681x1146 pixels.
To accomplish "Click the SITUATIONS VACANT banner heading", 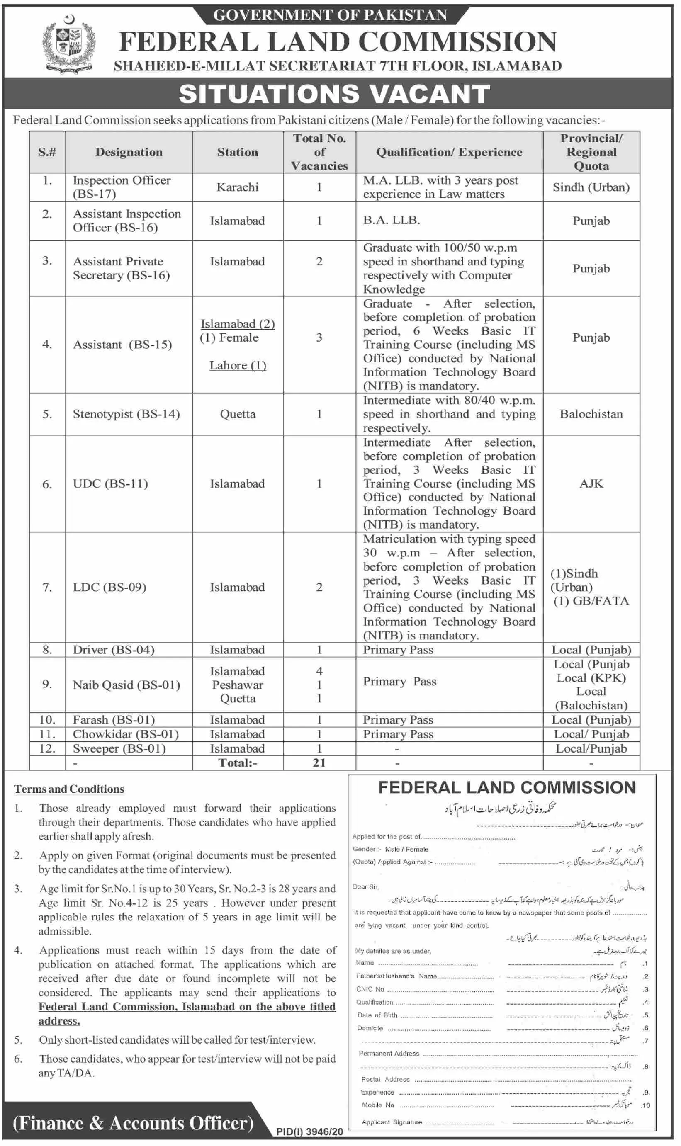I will click(x=335, y=94).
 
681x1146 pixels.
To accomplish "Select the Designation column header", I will click(x=129, y=152).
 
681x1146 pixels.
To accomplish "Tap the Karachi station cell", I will click(x=237, y=187).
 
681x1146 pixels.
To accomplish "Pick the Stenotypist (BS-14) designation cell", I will click(x=126, y=414).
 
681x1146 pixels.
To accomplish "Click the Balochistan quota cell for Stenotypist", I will click(x=591, y=414).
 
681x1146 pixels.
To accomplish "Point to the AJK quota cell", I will click(x=591, y=483).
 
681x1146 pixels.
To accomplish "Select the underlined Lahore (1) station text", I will click(x=238, y=366).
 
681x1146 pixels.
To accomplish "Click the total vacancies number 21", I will click(x=319, y=762).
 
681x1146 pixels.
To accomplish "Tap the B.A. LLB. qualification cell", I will click(x=392, y=220).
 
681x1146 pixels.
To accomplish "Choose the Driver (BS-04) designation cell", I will click(x=113, y=650).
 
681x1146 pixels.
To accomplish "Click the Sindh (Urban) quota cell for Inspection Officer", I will click(x=591, y=187).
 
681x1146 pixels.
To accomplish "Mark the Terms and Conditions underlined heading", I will click(x=69, y=789).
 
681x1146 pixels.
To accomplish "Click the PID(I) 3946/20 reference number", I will click(x=309, y=1132).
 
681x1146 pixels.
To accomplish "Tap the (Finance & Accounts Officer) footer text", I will click(x=133, y=1123).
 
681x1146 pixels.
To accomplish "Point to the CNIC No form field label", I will click(x=370, y=989).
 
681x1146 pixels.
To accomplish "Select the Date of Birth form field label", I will click(x=377, y=1015).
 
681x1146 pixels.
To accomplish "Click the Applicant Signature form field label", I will click(x=392, y=1122).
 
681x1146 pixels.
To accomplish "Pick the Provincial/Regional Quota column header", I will click(x=591, y=152).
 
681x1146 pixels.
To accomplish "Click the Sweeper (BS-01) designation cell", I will click(x=119, y=748).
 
